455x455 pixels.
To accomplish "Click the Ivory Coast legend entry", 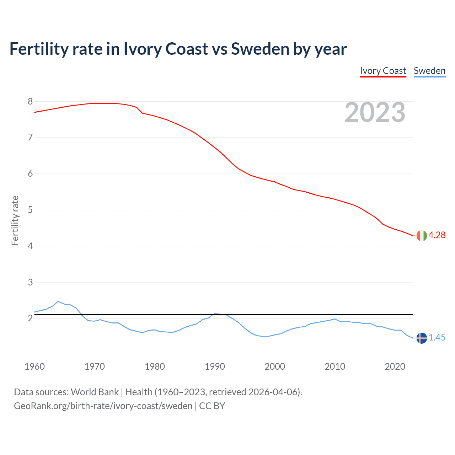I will (383, 71).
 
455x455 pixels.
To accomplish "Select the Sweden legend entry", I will (429, 71).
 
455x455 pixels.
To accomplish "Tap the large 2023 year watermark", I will (375, 112).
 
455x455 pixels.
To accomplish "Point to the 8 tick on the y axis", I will (30, 102).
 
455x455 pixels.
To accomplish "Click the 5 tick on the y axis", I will (30, 210).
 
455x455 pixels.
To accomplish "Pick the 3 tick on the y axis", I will (30, 282).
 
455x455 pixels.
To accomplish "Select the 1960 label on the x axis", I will (34, 366).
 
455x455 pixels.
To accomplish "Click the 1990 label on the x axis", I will (215, 366).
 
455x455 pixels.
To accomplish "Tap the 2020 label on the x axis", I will (395, 366).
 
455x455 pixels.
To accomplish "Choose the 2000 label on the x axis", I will (275, 366).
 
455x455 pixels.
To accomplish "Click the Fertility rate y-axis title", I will (15, 220).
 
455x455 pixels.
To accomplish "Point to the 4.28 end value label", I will (437, 235).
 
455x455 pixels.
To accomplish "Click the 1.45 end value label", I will (437, 338).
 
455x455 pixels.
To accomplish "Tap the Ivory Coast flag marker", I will (422, 235).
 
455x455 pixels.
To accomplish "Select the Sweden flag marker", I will (422, 338).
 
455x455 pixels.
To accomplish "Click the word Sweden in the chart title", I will (260, 49).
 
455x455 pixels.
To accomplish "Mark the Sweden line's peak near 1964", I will (58, 301).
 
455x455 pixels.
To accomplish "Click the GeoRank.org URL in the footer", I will (103, 406).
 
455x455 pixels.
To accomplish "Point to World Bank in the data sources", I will (95, 392).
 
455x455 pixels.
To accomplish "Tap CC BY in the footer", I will (212, 406).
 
